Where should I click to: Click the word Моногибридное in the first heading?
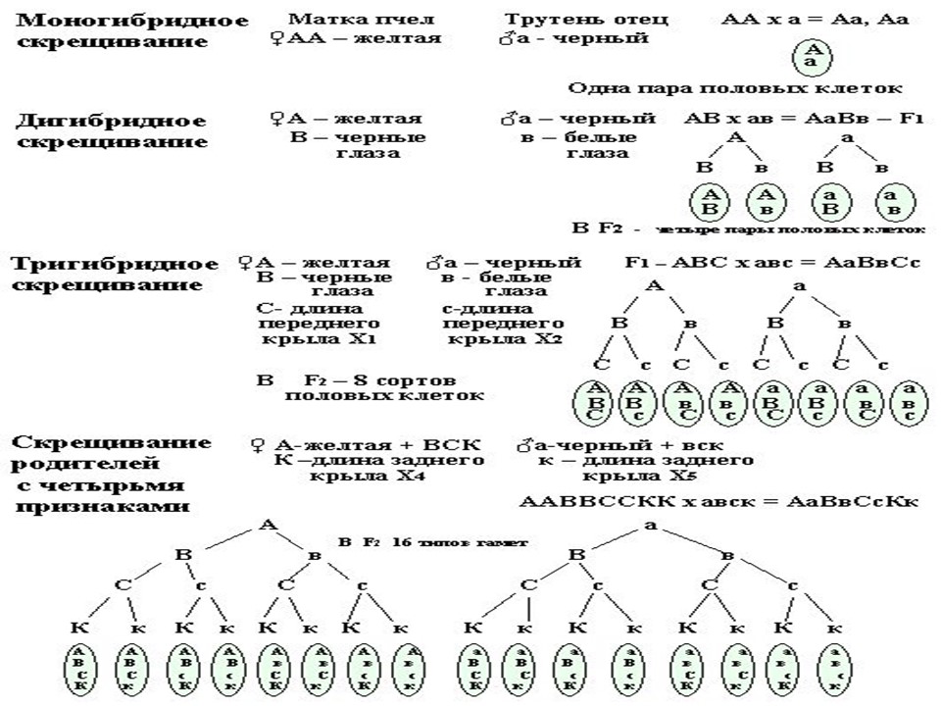(x=106, y=21)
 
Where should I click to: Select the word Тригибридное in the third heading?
(x=114, y=264)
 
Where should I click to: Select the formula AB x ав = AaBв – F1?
(x=804, y=119)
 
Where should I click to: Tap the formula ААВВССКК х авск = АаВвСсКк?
(x=718, y=501)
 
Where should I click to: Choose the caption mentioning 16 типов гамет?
(x=432, y=541)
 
